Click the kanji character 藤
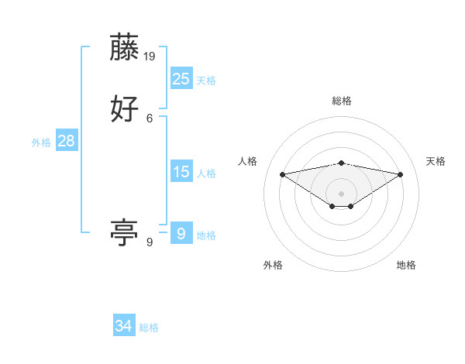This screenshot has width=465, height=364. click(x=125, y=48)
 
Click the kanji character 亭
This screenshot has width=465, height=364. click(x=125, y=233)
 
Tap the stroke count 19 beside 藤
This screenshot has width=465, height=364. click(x=150, y=57)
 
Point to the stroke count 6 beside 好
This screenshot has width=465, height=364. click(x=150, y=118)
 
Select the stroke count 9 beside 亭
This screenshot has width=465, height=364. click(x=150, y=242)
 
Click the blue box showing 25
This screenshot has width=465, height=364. click(x=181, y=78)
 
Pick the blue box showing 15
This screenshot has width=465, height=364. click(x=181, y=172)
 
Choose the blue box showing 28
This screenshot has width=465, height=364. click(x=66, y=141)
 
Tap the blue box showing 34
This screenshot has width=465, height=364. click(x=124, y=326)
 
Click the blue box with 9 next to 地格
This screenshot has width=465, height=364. click(x=181, y=233)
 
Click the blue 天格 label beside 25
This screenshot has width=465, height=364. click(x=206, y=81)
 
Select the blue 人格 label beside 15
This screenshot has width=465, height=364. click(x=206, y=173)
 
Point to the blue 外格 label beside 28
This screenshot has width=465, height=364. click(x=41, y=143)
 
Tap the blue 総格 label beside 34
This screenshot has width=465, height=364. click(x=149, y=328)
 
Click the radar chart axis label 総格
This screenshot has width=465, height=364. click(x=342, y=101)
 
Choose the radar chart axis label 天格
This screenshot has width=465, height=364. click(x=436, y=161)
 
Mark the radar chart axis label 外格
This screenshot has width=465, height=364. click(x=273, y=265)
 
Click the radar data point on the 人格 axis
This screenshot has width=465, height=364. click(x=282, y=173)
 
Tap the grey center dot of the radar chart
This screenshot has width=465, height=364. click(x=342, y=193)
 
